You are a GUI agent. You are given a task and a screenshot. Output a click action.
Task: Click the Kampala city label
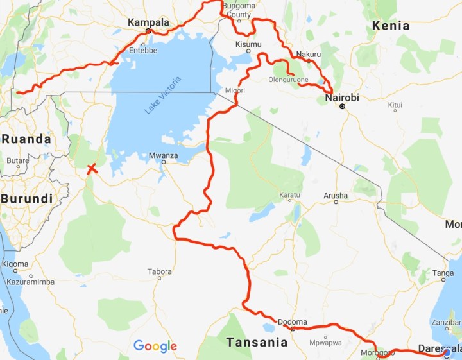tap(148, 22)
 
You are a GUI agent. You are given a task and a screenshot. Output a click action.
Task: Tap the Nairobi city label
tap(342, 98)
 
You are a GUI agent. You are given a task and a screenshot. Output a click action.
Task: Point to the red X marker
tap(92, 169)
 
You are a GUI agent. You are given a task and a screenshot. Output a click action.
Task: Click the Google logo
tap(155, 347)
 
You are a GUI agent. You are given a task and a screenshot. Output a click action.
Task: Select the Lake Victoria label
tap(163, 96)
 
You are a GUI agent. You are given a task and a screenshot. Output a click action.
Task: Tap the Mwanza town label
tap(162, 155)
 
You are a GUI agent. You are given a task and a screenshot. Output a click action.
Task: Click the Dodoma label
tap(294, 322)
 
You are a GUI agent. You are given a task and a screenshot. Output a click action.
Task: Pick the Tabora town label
tap(160, 271)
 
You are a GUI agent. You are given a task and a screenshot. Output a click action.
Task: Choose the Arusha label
tap(336, 195)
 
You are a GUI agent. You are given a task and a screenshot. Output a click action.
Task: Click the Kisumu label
tap(248, 44)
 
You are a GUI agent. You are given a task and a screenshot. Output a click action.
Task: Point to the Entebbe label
tap(142, 50)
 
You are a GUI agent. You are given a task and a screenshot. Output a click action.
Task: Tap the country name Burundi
tap(26, 199)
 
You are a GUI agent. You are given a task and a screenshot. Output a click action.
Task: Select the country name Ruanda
tap(26, 139)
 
